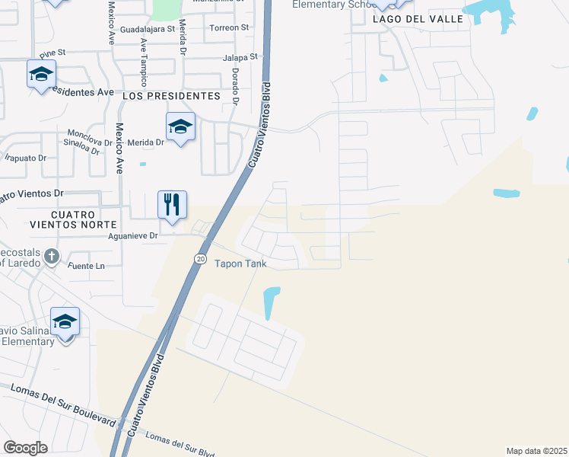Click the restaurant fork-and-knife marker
(173, 205)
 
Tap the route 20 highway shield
(200, 259)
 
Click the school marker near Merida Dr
(181, 126)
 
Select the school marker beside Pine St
(41, 74)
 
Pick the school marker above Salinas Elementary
(65, 321)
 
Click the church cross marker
(52, 256)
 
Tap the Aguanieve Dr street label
(133, 236)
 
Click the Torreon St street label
(229, 27)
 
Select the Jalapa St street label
(242, 57)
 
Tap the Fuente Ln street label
(85, 266)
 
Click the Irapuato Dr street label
(25, 158)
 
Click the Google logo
(26, 447)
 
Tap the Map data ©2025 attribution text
(536, 450)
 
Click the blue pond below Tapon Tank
(271, 302)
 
